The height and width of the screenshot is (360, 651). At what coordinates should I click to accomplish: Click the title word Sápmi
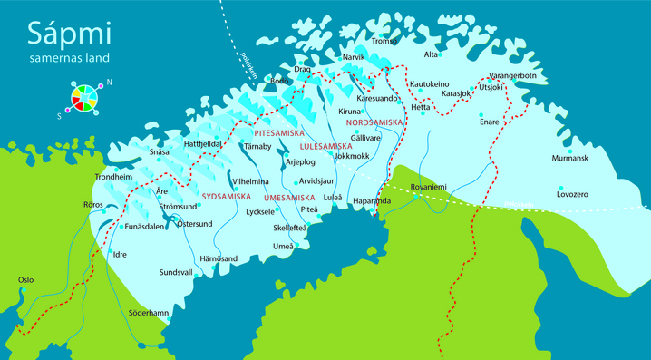click(x=68, y=34)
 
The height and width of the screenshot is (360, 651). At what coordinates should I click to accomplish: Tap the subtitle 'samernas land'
click(x=69, y=58)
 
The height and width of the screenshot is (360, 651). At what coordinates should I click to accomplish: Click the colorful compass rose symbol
click(x=82, y=96)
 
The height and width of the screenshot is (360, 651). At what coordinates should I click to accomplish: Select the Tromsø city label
click(x=384, y=41)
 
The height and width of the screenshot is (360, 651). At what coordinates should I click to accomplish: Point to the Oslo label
click(x=26, y=279)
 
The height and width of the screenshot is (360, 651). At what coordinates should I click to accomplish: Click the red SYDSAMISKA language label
click(x=226, y=195)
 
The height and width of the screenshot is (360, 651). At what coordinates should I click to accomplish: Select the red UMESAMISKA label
click(x=288, y=198)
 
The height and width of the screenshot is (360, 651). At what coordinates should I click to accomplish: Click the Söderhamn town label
click(x=149, y=313)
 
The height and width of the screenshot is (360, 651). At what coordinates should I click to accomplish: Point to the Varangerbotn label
click(x=512, y=75)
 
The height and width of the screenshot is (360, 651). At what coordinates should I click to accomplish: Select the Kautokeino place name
click(x=430, y=83)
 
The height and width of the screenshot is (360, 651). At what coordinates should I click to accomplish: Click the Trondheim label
click(x=113, y=177)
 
